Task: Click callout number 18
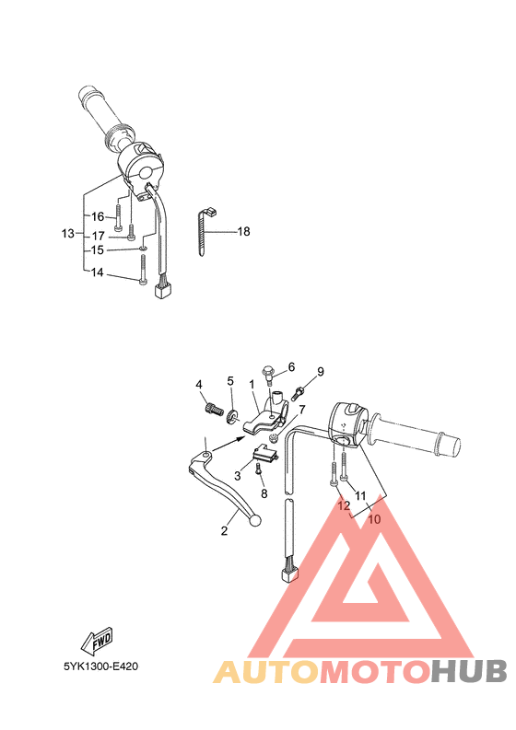(x=243, y=232)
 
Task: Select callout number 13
(x=67, y=234)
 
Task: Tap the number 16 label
(x=97, y=217)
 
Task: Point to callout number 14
(x=97, y=273)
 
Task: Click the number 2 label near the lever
(x=223, y=531)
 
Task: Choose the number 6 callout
(x=291, y=366)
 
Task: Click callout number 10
(x=374, y=519)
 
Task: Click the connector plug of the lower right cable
(x=287, y=574)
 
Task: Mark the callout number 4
(x=198, y=384)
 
